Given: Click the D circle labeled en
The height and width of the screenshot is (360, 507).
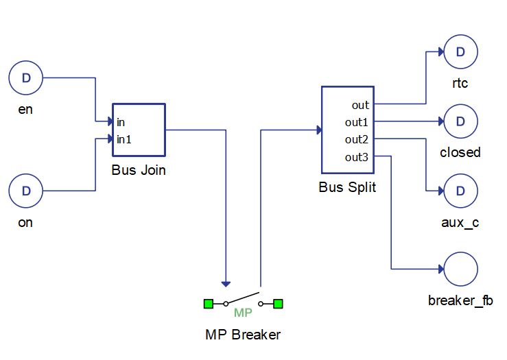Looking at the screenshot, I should coord(26,78).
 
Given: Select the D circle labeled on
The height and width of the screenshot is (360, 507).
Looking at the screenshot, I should coord(26,191).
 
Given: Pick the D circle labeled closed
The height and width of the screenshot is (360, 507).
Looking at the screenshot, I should coord(460,121).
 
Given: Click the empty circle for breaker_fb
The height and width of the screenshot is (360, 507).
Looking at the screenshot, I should coord(460,268).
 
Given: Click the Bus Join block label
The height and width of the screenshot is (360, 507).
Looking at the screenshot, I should coord(139,170).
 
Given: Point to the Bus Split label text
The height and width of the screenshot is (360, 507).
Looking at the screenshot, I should coord(347,187).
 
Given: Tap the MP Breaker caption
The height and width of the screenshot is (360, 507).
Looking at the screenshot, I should coord(243,335).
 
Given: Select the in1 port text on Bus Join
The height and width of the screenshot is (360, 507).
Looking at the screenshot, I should coord(123,139).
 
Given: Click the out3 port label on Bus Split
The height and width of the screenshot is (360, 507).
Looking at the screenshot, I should coord(357,157).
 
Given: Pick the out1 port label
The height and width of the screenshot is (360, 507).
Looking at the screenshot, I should coord(357,122).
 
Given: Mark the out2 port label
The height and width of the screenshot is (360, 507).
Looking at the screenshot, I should coord(357,139).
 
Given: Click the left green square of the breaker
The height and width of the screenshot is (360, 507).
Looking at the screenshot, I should coord(209,303).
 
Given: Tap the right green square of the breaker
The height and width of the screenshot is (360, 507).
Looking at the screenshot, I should coord(278,303).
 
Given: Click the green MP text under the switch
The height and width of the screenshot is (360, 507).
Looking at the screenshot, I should coord(244,313).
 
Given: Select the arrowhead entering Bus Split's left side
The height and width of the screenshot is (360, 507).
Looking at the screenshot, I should coord(318,130).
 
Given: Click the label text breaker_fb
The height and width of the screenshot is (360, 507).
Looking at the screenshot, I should coord(460,300).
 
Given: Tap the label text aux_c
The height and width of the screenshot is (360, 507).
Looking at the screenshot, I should coord(460,223).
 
